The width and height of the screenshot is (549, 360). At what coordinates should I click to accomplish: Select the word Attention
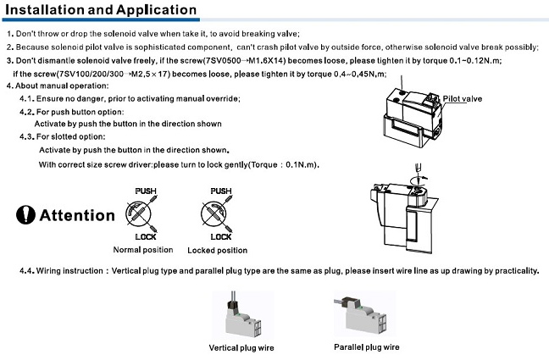tap(77, 215)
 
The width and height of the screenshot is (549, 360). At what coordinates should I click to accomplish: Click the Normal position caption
tap(142, 250)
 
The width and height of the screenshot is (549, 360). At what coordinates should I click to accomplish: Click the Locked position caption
tap(219, 250)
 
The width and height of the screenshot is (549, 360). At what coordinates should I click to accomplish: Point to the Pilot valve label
tap(463, 99)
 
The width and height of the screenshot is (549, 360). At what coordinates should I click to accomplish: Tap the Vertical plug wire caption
tap(241, 347)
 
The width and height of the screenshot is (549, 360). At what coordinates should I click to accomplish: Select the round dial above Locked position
tap(219, 213)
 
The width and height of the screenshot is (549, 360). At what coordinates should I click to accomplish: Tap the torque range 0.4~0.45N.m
tap(359, 74)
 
